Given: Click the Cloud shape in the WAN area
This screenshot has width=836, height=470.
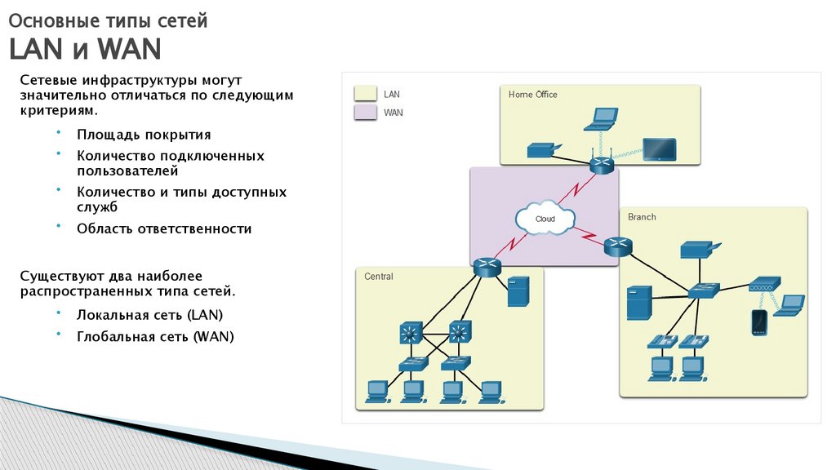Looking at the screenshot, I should point(545,219).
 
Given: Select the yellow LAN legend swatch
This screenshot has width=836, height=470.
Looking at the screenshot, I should point(365,95).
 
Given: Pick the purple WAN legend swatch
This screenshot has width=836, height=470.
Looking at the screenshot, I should point(365,113).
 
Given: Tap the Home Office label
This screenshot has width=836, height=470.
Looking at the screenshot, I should point(532,95).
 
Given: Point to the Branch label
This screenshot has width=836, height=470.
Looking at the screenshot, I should point(642,217).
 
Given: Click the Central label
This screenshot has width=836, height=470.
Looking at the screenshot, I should point(378,277).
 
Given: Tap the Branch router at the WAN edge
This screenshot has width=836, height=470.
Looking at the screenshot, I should point(618,248).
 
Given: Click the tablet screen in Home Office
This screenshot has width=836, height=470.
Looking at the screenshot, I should point(658,148).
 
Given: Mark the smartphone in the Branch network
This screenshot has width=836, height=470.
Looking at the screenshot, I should point(758,322).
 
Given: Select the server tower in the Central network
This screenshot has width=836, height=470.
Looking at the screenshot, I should point(517,292).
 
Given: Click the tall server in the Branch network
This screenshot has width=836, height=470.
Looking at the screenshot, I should point(638,302).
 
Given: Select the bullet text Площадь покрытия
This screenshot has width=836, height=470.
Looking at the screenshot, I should point(144,135).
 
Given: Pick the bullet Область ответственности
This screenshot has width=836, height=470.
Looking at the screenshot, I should point(164,228).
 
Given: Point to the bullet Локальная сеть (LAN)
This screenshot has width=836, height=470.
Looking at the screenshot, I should point(149,314).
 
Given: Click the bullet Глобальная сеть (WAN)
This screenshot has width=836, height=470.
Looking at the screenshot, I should point(155,335).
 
